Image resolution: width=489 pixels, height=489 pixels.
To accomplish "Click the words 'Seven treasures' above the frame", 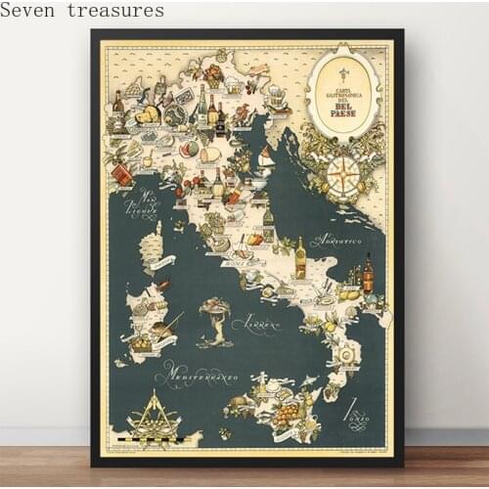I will [x=83, y=11].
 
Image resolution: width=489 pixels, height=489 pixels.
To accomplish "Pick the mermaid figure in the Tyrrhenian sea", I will [x=216, y=318].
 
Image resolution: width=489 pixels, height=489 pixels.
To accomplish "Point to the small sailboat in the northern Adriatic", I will [x=265, y=156].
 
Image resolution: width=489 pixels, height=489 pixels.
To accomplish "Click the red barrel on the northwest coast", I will [x=122, y=174].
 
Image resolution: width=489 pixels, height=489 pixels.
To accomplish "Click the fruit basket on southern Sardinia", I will [x=143, y=343].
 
